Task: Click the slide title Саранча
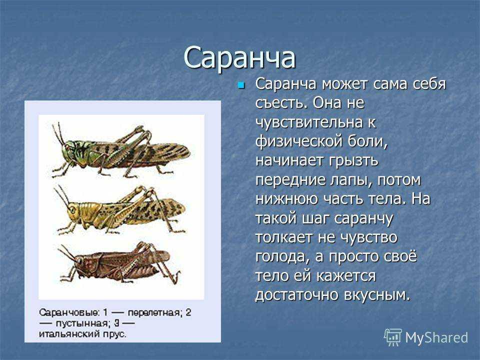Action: [x=239, y=58]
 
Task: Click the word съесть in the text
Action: [x=281, y=103]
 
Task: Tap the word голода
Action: [x=280, y=257]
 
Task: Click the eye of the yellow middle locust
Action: [x=72, y=210]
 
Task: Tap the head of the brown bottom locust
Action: [x=78, y=261]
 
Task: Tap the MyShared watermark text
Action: [x=436, y=338]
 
